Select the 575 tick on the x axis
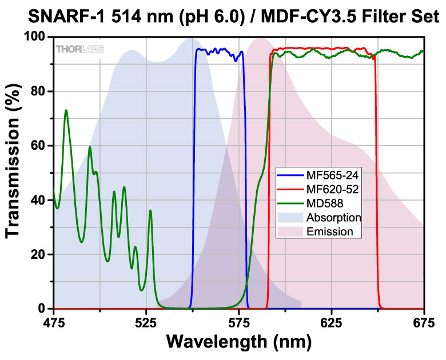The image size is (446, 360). pyautogui.click(x=238, y=323)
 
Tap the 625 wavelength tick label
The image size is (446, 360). pyautogui.click(x=331, y=323)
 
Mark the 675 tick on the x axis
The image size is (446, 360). pyautogui.click(x=423, y=323)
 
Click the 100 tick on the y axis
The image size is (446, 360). pyautogui.click(x=35, y=37)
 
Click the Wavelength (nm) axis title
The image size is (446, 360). pyautogui.click(x=238, y=343)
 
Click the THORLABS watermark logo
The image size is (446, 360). pyautogui.click(x=79, y=49)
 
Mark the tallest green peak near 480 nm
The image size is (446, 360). pyautogui.click(x=66, y=110)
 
